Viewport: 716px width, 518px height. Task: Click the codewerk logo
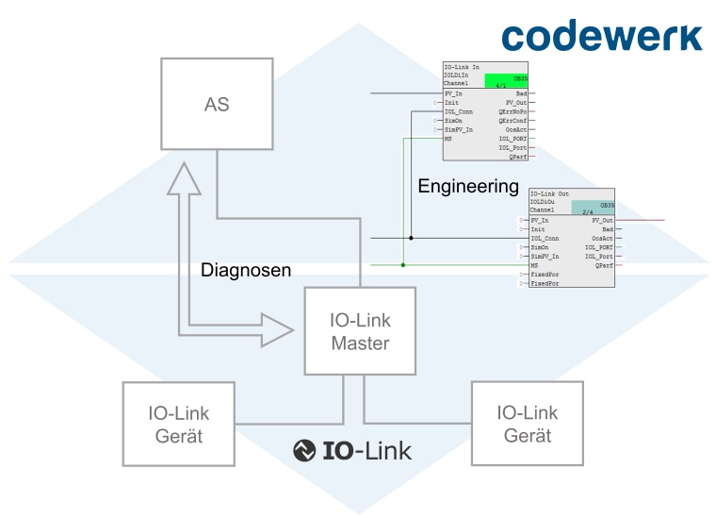pyautogui.click(x=601, y=35)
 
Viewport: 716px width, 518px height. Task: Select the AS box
pyautogui.click(x=216, y=105)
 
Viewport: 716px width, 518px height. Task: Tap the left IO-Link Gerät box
pyautogui.click(x=178, y=424)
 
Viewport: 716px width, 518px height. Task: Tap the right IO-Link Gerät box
pyautogui.click(x=528, y=424)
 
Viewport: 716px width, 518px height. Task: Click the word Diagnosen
pyautogui.click(x=246, y=271)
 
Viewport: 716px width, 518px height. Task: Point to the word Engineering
pyautogui.click(x=468, y=186)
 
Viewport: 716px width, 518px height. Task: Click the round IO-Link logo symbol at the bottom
pyautogui.click(x=304, y=451)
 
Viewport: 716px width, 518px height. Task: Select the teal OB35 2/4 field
pyautogui.click(x=593, y=208)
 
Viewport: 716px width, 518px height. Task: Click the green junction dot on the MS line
pyautogui.click(x=403, y=265)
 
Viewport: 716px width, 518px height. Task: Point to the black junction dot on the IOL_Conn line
pyautogui.click(x=411, y=238)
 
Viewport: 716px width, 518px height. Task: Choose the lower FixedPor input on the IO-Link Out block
pyautogui.click(x=545, y=283)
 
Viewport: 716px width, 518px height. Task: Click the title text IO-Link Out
pyautogui.click(x=551, y=192)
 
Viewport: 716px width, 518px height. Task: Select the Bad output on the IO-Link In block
pyautogui.click(x=520, y=93)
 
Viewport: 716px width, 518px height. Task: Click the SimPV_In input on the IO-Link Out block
pyautogui.click(x=545, y=256)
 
